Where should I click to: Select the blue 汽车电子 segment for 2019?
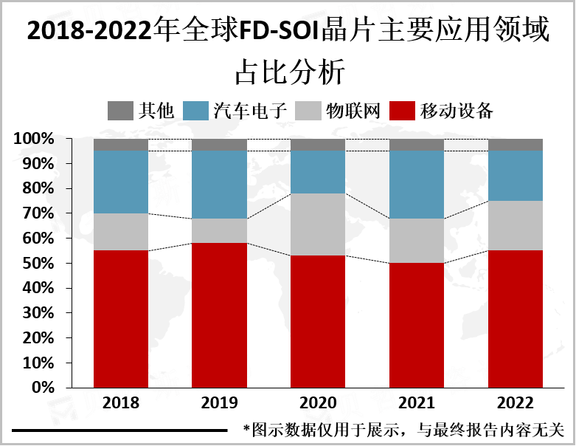click(x=219, y=185)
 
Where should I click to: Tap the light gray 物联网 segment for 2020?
click(x=318, y=224)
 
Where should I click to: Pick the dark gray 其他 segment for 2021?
click(x=417, y=145)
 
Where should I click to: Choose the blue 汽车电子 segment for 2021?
click(x=417, y=185)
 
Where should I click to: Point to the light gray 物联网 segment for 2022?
click(x=516, y=225)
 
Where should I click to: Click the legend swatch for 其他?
click(x=119, y=111)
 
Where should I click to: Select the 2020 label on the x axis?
click(x=318, y=403)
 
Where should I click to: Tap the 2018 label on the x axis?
click(x=121, y=403)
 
